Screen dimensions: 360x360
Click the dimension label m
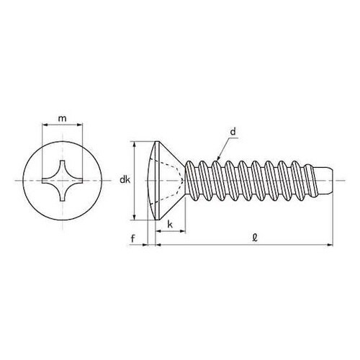pyautogui.click(x=63, y=118)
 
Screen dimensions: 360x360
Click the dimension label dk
pyautogui.click(x=125, y=179)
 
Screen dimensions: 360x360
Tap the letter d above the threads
pyautogui.click(x=233, y=132)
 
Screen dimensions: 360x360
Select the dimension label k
pyautogui.click(x=170, y=225)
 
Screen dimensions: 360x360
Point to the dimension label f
pyautogui.click(x=133, y=238)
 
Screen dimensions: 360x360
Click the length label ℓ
pyautogui.click(x=255, y=238)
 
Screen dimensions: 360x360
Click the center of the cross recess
pyautogui.click(x=63, y=180)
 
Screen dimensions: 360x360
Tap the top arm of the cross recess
pyautogui.click(x=63, y=166)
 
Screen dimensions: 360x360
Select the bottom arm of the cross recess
pyautogui.click(x=63, y=194)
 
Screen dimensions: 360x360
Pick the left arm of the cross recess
pyautogui.click(x=48, y=180)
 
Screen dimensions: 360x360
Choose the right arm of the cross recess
pyautogui.click(x=76, y=180)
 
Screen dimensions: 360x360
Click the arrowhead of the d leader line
pyautogui.click(x=218, y=158)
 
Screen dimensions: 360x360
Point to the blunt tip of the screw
pyautogui.click(x=333, y=180)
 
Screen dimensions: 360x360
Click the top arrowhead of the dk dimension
pyautogui.click(x=135, y=144)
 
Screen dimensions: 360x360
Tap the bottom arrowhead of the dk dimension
pyautogui.click(x=135, y=217)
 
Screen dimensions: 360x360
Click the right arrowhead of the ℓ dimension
pyautogui.click(x=330, y=245)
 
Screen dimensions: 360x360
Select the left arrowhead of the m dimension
pyautogui.click(x=45, y=125)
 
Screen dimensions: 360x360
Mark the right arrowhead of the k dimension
pyautogui.click(x=183, y=231)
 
